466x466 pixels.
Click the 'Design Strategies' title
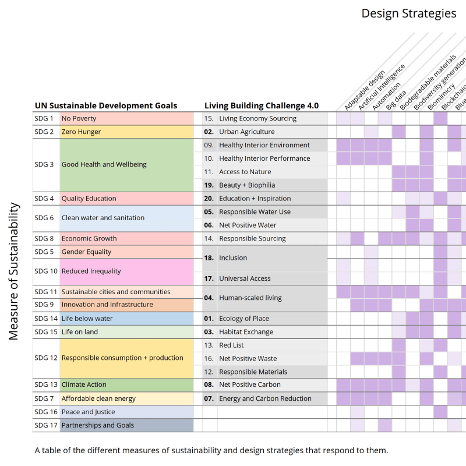(408, 13)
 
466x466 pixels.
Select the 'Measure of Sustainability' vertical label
(15, 271)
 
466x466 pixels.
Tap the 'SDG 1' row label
(44, 119)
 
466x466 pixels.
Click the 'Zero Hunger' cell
(82, 132)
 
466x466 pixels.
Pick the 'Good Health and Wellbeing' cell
(104, 165)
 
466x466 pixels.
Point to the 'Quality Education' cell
(89, 199)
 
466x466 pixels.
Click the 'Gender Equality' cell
(87, 252)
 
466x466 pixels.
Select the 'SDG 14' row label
(46, 319)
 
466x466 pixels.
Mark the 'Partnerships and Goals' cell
(98, 425)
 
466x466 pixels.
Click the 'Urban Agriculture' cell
(247, 132)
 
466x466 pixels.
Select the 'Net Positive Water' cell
(248, 225)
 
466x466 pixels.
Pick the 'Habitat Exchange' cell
(246, 332)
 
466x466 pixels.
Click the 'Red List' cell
(231, 345)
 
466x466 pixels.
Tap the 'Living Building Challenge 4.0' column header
(262, 106)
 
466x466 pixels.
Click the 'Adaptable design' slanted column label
(365, 90)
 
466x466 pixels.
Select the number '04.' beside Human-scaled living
(209, 298)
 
